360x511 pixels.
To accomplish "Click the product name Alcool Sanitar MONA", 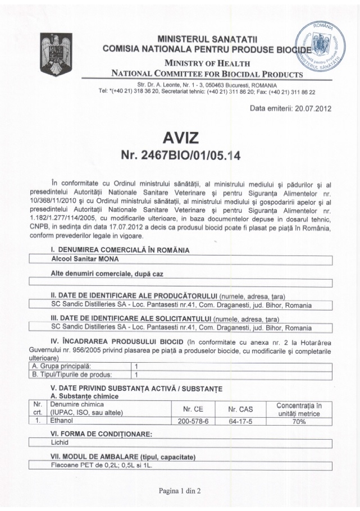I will tap(84, 259).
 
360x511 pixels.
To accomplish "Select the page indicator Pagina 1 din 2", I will tap(180, 490).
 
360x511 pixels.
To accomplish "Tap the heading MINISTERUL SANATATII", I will tap(207, 38).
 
